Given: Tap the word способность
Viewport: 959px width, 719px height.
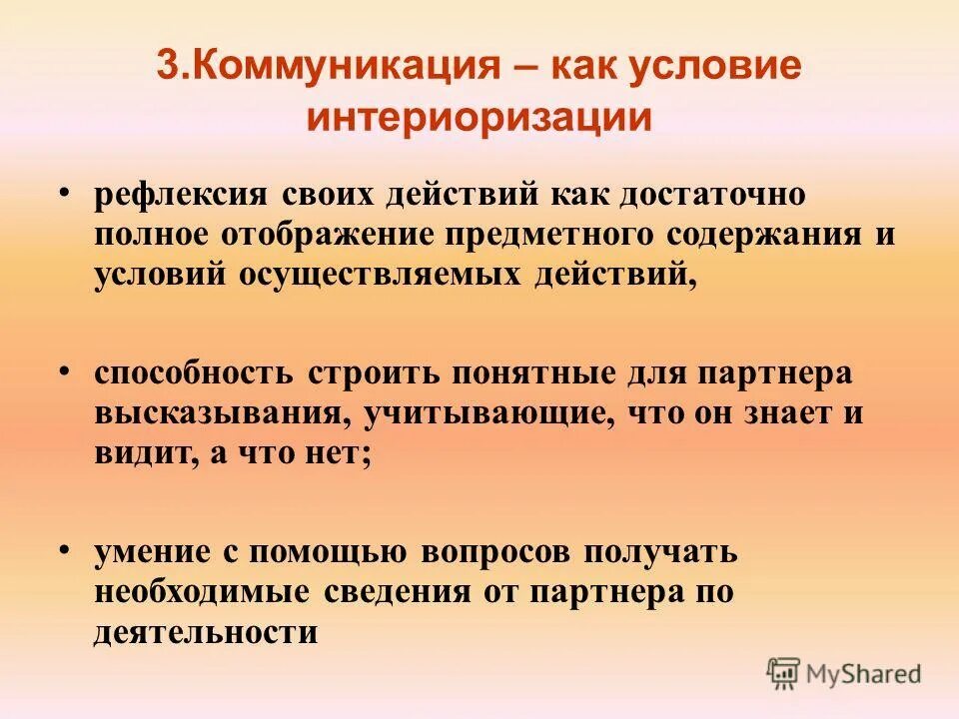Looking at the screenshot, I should click(194, 374).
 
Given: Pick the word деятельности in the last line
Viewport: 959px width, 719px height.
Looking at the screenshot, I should click(207, 631).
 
